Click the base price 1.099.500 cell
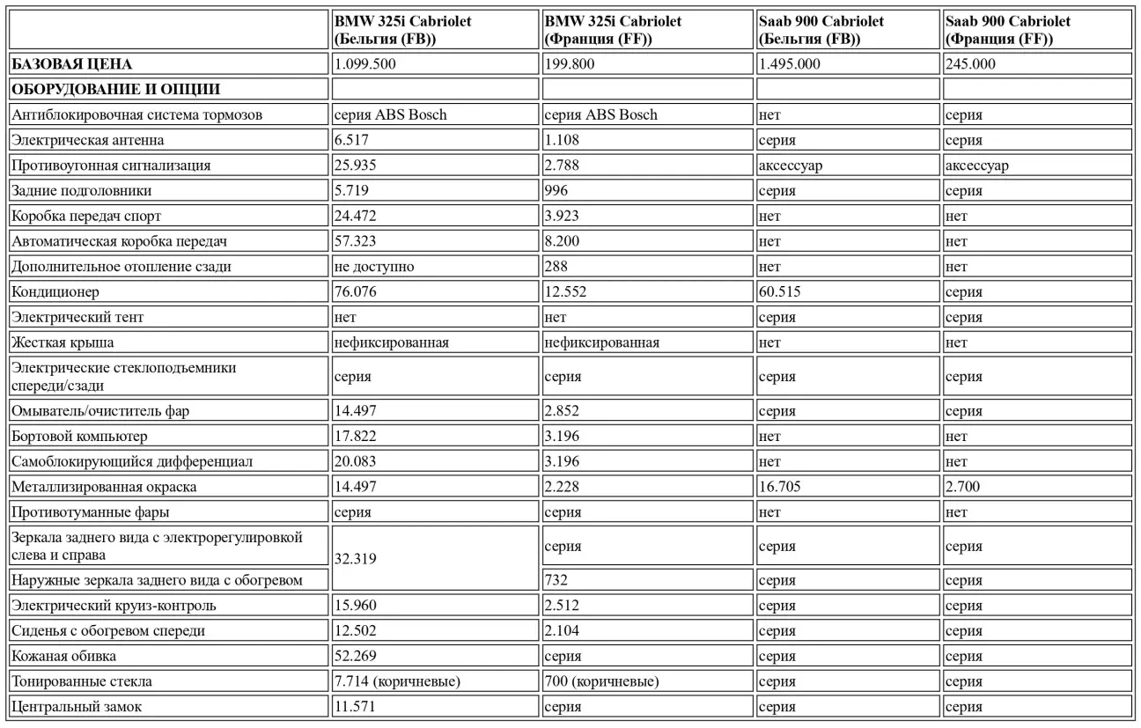(364, 64)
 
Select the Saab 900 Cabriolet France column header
(1007, 32)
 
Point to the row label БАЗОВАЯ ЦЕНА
(71, 64)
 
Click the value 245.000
(970, 64)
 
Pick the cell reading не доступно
(374, 267)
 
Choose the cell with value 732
(556, 580)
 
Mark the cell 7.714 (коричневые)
(397, 681)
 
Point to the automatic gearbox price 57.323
(357, 241)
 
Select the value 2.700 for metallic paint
(964, 487)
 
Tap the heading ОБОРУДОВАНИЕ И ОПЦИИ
(115, 90)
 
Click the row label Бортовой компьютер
(79, 437)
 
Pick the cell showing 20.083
(357, 462)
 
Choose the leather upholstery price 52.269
(357, 657)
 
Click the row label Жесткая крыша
(63, 342)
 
